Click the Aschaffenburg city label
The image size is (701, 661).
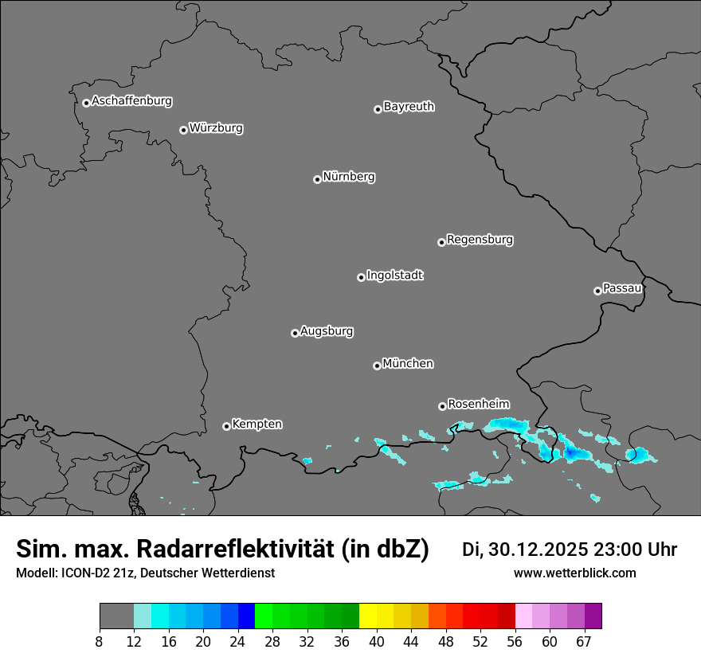click(x=131, y=101)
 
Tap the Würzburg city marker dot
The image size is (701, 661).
click(x=183, y=130)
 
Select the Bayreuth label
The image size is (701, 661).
click(x=409, y=106)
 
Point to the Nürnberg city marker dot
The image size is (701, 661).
click(x=317, y=179)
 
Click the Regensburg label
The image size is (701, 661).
click(x=480, y=239)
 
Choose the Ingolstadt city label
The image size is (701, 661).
click(x=394, y=276)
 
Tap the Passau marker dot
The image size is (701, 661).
click(x=597, y=291)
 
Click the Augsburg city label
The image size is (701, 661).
click(x=327, y=330)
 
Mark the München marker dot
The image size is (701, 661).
click(x=377, y=366)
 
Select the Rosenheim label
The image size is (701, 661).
click(x=478, y=404)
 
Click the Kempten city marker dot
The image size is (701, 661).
click(x=226, y=426)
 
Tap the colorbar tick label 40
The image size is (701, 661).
click(x=377, y=641)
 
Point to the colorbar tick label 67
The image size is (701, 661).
click(x=584, y=641)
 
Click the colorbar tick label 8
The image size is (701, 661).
click(x=100, y=641)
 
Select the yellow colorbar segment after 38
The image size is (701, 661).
click(x=368, y=616)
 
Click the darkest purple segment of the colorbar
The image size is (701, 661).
click(x=593, y=616)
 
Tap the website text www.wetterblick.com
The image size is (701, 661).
click(x=574, y=573)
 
